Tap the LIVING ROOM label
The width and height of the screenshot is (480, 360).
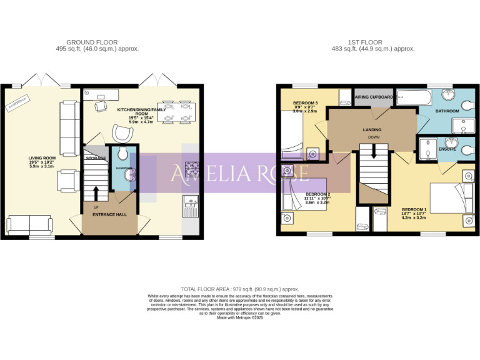tap(42, 158)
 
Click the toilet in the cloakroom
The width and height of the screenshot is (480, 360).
tap(122, 154)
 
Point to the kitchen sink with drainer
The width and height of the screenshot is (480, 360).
tap(190, 204)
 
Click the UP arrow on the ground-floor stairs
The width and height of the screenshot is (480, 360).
tap(96, 192)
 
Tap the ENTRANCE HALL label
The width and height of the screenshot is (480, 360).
tap(109, 215)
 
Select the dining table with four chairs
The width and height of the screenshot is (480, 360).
tap(176, 111)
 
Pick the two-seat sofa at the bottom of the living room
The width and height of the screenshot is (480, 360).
tap(29, 225)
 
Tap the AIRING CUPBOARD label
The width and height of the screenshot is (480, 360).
tap(374, 97)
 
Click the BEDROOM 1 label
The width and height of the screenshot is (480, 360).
tap(414, 209)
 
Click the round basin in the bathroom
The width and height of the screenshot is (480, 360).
tap(449, 95)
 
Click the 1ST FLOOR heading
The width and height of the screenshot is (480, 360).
tap(366, 42)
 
